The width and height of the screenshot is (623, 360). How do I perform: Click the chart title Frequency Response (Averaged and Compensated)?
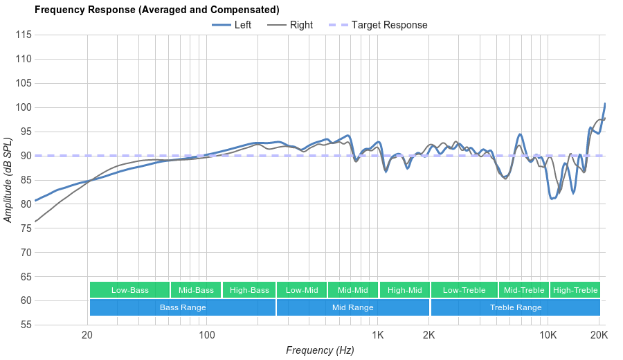[x=157, y=10]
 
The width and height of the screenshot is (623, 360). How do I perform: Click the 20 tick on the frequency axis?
[x=87, y=335]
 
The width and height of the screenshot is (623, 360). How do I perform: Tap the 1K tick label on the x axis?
[x=377, y=335]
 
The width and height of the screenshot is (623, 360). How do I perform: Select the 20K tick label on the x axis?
[x=599, y=335]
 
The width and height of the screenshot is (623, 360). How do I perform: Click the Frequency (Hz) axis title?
[x=320, y=350]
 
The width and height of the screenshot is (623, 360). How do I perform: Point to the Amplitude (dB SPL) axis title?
[x=8, y=180]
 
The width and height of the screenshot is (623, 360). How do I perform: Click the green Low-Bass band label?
[x=129, y=290]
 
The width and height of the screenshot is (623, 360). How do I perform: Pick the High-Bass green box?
[x=249, y=290]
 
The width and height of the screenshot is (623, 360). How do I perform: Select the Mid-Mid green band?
[x=353, y=290]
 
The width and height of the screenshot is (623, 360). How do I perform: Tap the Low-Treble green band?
[x=464, y=290]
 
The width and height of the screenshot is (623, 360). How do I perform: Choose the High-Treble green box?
[x=575, y=290]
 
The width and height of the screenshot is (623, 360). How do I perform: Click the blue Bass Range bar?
[x=183, y=307]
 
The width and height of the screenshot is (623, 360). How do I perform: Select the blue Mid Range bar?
[x=353, y=307]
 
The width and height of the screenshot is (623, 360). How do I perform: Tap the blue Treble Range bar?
[x=516, y=307]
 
